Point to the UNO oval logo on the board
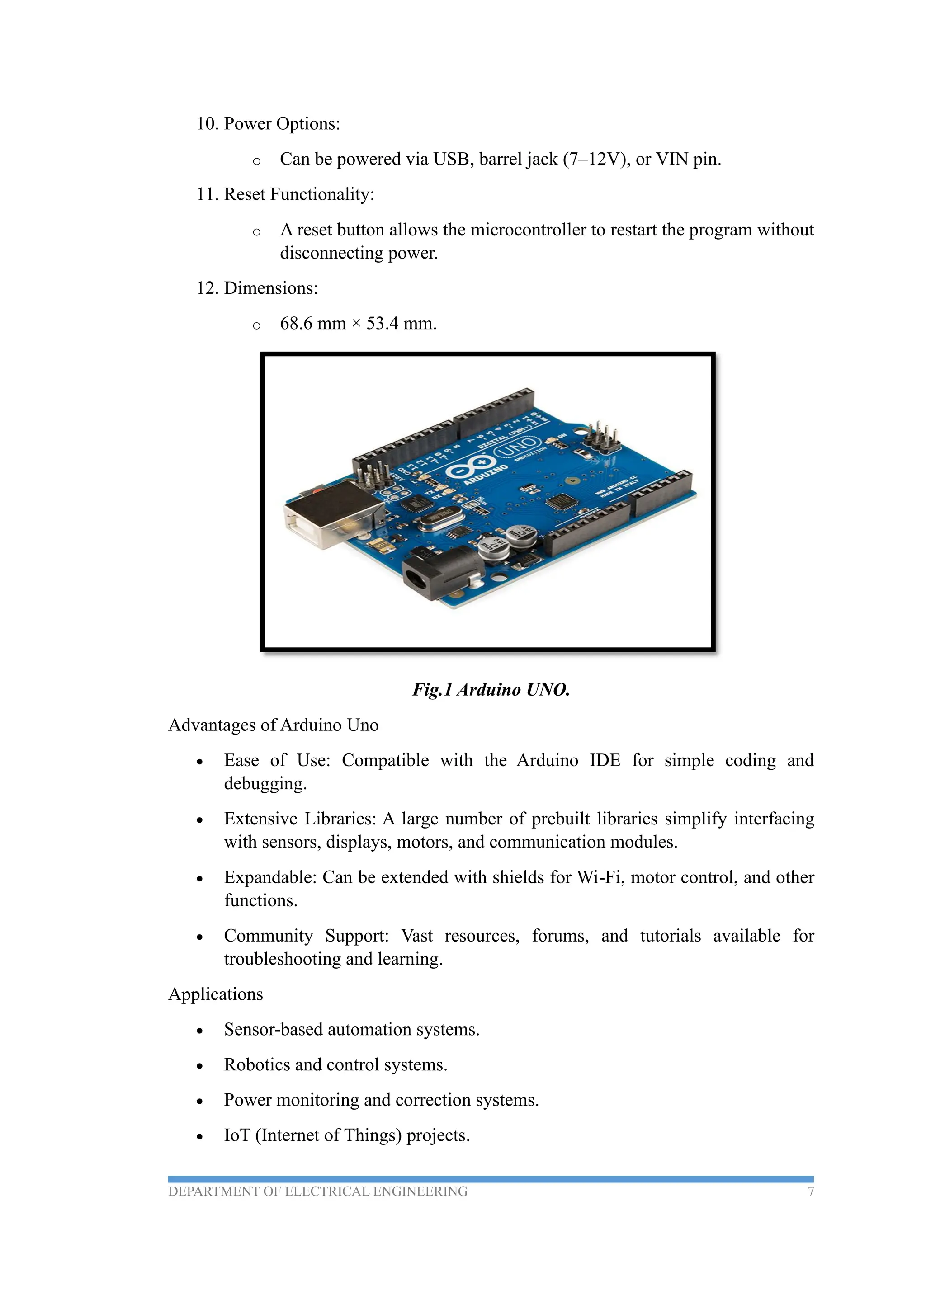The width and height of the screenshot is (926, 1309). [517, 445]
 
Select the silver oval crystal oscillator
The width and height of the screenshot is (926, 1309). [441, 518]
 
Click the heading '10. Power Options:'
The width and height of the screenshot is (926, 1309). [268, 124]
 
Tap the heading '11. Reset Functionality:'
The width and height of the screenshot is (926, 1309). [285, 194]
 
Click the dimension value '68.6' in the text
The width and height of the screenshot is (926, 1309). [296, 324]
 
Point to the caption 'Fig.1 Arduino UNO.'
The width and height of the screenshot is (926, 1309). [491, 690]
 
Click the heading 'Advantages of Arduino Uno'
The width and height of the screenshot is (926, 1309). [273, 725]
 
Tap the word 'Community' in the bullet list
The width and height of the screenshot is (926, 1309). [268, 936]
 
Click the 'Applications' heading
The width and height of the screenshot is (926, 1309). [216, 994]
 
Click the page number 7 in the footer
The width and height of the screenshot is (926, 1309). [810, 1191]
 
